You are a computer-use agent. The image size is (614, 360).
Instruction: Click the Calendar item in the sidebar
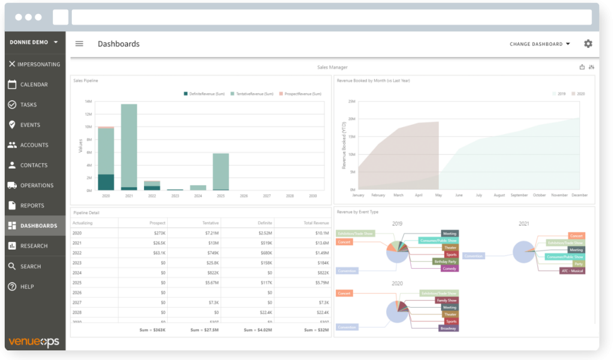click(x=34, y=85)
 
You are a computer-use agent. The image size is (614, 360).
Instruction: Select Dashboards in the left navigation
click(x=38, y=226)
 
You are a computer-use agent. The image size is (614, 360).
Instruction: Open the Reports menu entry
click(x=32, y=206)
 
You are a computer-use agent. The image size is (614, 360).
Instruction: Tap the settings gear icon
click(x=588, y=44)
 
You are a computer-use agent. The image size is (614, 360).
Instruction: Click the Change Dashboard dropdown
click(x=540, y=44)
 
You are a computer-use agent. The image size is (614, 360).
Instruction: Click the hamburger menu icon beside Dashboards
click(x=79, y=44)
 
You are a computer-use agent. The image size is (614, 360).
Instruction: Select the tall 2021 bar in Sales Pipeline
click(x=129, y=147)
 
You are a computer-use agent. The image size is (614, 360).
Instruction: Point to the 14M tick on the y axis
click(x=88, y=101)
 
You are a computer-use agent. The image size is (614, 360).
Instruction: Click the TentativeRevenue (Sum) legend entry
click(x=254, y=94)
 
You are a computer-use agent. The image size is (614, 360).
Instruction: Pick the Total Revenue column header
click(x=317, y=223)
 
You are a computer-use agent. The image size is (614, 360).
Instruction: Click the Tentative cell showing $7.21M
click(x=210, y=233)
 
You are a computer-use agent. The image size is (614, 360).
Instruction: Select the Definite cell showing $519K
click(x=264, y=242)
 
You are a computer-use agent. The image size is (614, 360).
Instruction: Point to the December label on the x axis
click(x=579, y=195)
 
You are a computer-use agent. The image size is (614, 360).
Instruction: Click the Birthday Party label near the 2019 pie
click(x=444, y=262)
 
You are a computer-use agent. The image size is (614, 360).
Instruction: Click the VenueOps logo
click(x=33, y=341)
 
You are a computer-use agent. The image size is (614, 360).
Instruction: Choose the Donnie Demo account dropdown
click(x=34, y=43)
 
